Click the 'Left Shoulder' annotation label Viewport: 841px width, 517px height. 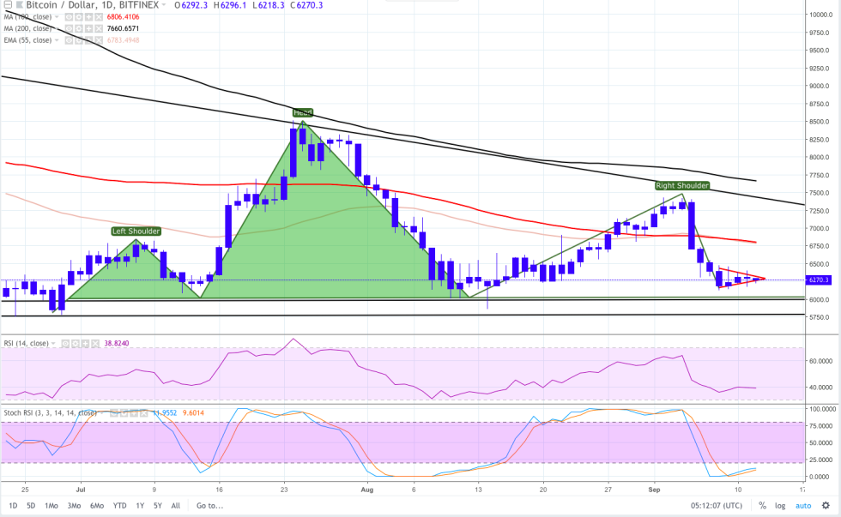(136, 231)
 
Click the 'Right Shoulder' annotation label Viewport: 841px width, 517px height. (682, 185)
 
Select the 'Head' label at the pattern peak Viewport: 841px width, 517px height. (302, 112)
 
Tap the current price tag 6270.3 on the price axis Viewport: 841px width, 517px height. (819, 280)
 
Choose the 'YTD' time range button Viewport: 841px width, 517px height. (119, 505)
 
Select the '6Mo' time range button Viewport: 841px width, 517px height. (97, 505)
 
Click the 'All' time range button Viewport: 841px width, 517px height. (176, 505)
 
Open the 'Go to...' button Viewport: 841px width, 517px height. (209, 505)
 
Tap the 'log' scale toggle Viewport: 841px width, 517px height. (779, 505)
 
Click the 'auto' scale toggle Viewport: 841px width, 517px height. (803, 505)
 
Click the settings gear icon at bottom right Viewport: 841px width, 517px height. (826, 505)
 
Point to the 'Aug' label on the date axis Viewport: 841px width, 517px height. (368, 489)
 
